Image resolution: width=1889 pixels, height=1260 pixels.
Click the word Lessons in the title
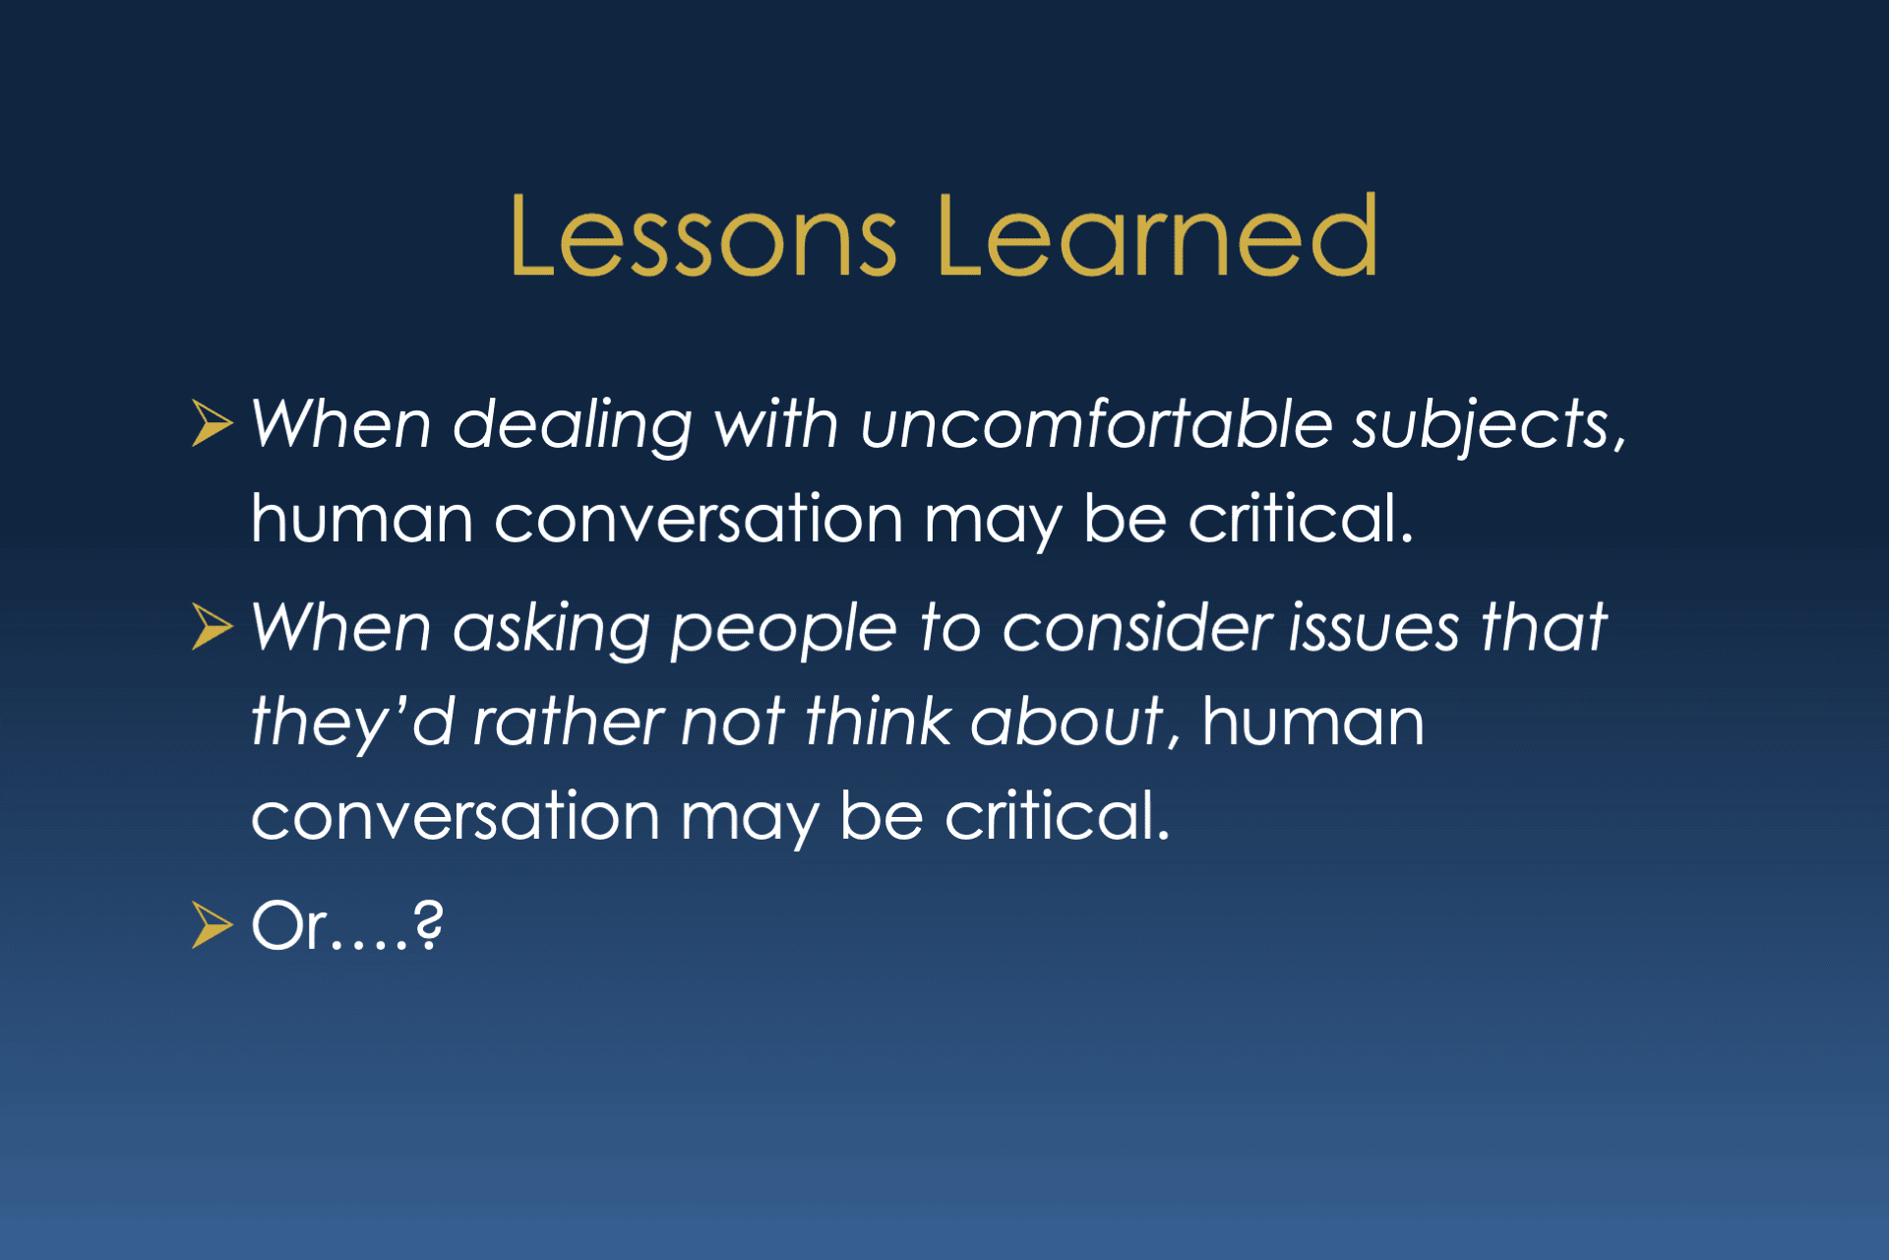703,236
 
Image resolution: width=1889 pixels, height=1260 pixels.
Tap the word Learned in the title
1158,235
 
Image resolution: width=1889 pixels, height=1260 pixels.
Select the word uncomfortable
1096,424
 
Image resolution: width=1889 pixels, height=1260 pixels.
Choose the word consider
1136,627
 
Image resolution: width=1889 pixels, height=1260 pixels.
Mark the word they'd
351,723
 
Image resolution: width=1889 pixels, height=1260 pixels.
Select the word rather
568,721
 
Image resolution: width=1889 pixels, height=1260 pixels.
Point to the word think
878,721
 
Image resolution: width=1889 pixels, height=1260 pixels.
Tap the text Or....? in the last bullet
347,925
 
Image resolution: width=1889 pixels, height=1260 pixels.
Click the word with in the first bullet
776,424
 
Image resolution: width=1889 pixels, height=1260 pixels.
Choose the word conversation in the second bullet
455,816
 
